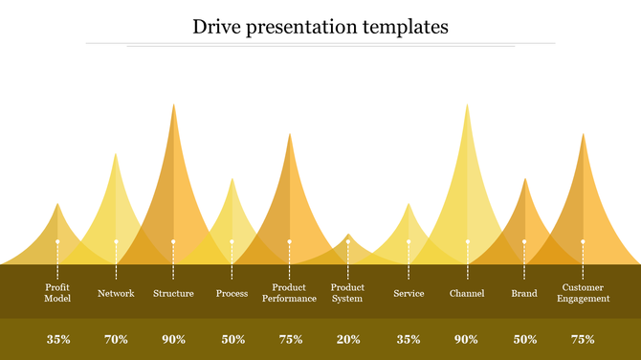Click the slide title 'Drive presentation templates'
pyautogui.click(x=320, y=27)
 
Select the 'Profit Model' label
pyautogui.click(x=57, y=293)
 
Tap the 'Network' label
pyautogui.click(x=116, y=293)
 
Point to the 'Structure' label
pyautogui.click(x=173, y=293)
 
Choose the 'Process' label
pyautogui.click(x=232, y=293)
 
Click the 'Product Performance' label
pyautogui.click(x=289, y=293)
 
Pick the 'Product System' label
pyautogui.click(x=347, y=293)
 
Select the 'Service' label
pyautogui.click(x=409, y=293)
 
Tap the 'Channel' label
pyautogui.click(x=467, y=293)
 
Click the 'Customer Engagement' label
pyautogui.click(x=583, y=293)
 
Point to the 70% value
pyautogui.click(x=116, y=339)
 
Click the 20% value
pyautogui.click(x=348, y=339)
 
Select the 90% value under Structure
pyautogui.click(x=174, y=339)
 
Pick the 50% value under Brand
pyautogui.click(x=525, y=339)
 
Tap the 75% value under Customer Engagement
pyautogui.click(x=583, y=339)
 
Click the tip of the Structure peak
pyautogui.click(x=173, y=105)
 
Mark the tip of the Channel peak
pyautogui.click(x=467, y=105)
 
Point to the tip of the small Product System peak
pyautogui.click(x=348, y=235)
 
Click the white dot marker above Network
pyautogui.click(x=116, y=241)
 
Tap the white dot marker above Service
pyautogui.click(x=409, y=241)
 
